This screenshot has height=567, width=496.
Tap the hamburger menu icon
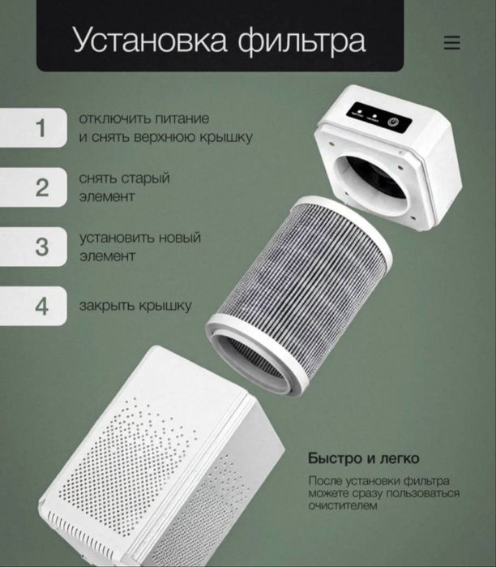[x=451, y=43]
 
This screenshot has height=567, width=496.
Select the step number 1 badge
[x=41, y=128]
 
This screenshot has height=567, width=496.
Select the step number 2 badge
[x=41, y=187]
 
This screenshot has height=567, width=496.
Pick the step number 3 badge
[x=41, y=247]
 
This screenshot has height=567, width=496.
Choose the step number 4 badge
[x=41, y=306]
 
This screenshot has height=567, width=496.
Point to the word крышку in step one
[x=222, y=137]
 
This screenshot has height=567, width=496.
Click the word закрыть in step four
[x=106, y=306]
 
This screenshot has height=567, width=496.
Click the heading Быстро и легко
[x=364, y=458]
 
